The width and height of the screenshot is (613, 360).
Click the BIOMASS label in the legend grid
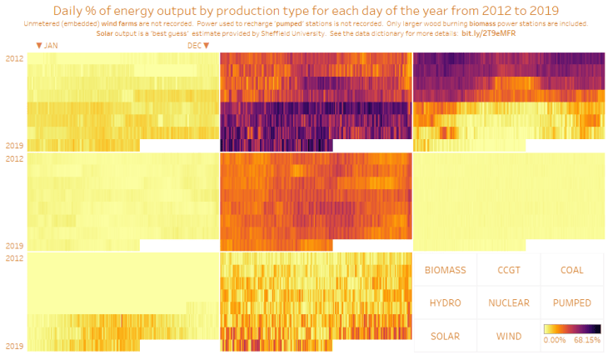click(x=445, y=270)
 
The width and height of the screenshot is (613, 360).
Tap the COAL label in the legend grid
click(x=571, y=270)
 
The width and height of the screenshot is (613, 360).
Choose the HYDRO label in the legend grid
click(x=445, y=303)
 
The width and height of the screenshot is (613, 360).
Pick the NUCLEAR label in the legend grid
click(x=508, y=303)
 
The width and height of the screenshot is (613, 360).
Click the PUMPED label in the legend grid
click(x=571, y=303)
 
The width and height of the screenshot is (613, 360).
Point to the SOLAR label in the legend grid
click(x=445, y=337)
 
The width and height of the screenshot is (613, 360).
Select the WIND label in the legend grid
click(x=508, y=337)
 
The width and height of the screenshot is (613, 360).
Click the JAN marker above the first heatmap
click(x=46, y=46)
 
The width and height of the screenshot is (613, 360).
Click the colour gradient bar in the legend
click(x=571, y=329)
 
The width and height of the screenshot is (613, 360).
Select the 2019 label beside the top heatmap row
click(x=14, y=146)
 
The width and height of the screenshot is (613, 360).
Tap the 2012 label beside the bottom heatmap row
click(x=14, y=258)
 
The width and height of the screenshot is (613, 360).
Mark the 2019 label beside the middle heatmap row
click(x=14, y=246)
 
